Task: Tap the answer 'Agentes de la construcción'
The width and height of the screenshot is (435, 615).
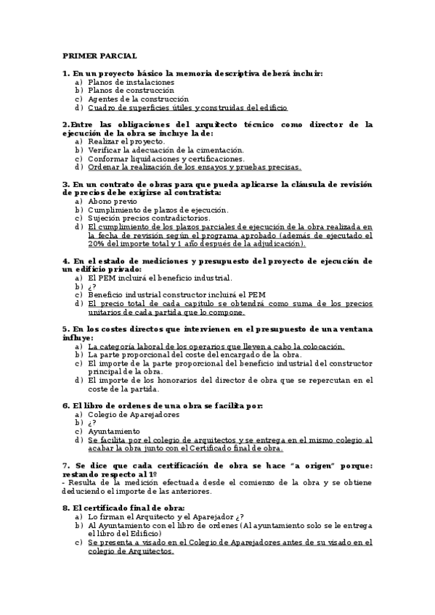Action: click(138, 99)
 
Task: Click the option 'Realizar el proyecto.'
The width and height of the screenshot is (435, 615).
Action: click(126, 141)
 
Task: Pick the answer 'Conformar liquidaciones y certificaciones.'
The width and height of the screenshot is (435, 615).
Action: click(166, 158)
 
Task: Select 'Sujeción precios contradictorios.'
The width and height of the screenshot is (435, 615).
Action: click(149, 218)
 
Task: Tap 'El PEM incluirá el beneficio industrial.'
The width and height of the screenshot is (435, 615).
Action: click(160, 277)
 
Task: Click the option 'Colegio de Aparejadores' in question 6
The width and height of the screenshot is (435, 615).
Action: click(134, 414)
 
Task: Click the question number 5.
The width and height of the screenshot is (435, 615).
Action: click(65, 329)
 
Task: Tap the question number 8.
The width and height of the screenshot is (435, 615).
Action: click(65, 508)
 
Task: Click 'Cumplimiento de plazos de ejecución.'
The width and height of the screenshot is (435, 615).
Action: click(158, 210)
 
